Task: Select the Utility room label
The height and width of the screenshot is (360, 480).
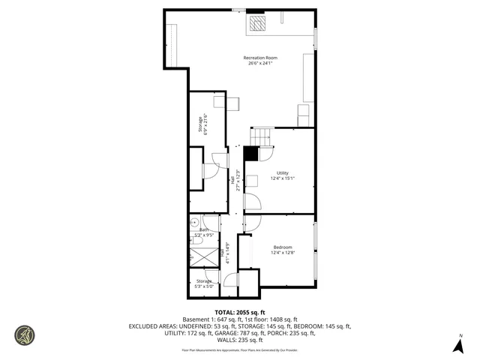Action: click(x=282, y=173)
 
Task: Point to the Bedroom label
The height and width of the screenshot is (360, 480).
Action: click(x=282, y=247)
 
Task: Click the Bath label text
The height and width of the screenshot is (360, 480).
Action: click(x=204, y=230)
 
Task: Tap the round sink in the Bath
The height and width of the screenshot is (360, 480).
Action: click(x=193, y=222)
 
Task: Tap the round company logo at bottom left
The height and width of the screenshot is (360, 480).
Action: click(x=24, y=335)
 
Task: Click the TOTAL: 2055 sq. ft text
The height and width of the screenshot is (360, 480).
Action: click(x=240, y=312)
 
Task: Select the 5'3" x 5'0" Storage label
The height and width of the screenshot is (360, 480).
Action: click(x=204, y=283)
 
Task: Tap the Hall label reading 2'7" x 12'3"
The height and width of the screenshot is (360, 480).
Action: click(x=236, y=180)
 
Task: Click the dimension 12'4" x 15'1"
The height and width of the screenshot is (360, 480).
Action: click(x=282, y=178)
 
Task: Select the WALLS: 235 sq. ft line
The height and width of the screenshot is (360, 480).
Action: click(x=240, y=340)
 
